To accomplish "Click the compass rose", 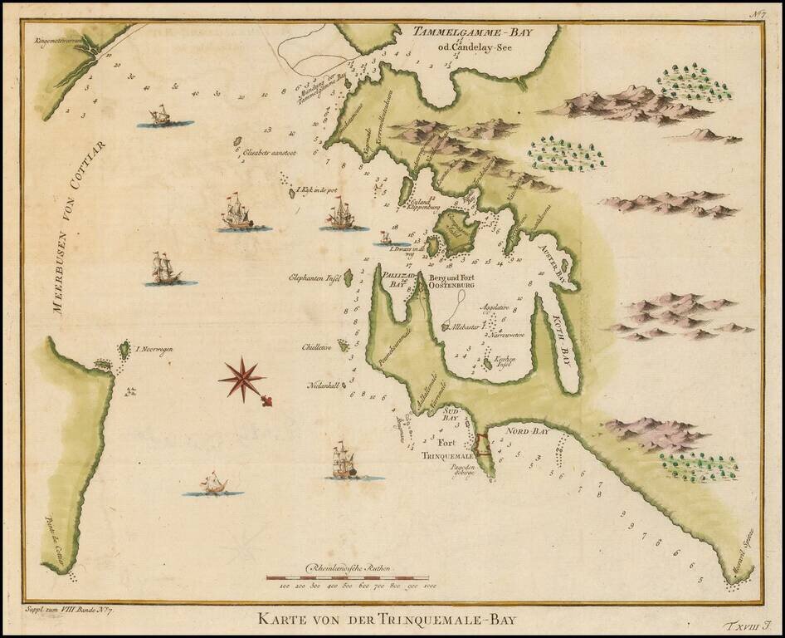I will (x=242, y=379).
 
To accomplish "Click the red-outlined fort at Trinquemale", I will (x=481, y=445).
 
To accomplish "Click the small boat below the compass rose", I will (x=213, y=484).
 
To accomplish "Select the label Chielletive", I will (x=314, y=349).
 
